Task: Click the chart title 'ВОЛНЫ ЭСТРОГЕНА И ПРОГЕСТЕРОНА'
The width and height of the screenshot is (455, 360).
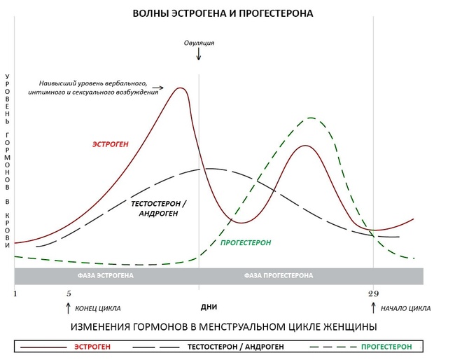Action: click(224, 13)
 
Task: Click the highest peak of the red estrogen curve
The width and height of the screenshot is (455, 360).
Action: click(181, 88)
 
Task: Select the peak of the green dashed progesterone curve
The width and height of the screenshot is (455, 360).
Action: click(311, 118)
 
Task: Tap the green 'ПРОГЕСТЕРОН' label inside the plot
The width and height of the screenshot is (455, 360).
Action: click(245, 242)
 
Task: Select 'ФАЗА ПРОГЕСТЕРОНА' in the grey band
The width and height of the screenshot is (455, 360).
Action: click(279, 275)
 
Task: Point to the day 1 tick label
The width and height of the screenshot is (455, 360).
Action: click(15, 293)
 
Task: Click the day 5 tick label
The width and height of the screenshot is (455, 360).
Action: click(69, 293)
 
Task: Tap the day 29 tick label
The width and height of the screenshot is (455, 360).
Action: click(373, 293)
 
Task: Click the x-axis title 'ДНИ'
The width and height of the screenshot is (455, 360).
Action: click(208, 307)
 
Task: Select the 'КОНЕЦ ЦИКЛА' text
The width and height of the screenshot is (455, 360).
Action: click(97, 308)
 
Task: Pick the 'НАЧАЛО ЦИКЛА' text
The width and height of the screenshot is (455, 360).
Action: click(407, 308)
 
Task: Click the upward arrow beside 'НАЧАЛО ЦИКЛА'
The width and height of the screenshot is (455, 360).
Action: click(374, 307)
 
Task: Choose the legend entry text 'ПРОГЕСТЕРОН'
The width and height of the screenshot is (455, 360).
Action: click(386, 347)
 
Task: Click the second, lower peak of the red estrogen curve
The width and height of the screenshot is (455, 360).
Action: click(304, 146)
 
